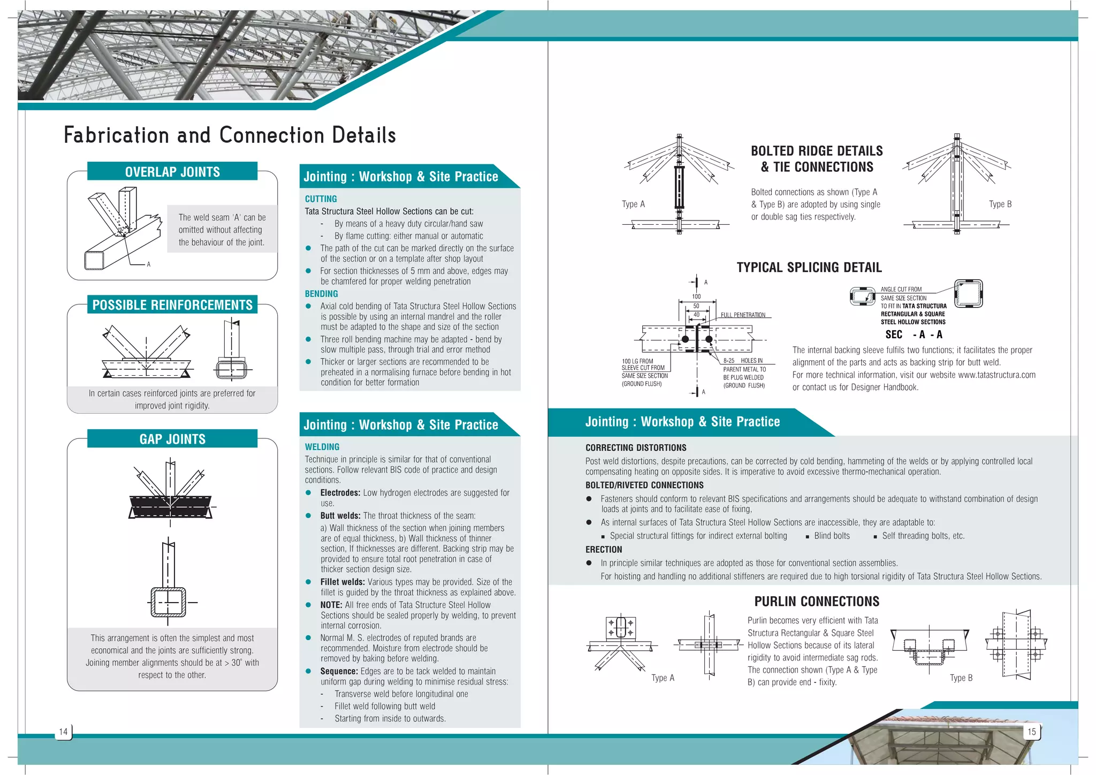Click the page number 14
pos(63,732)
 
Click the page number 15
pos(1031,732)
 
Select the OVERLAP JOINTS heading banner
pos(172,172)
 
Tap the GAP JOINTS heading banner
pos(172,439)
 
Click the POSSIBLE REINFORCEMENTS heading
pos(172,305)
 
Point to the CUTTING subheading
pos(321,199)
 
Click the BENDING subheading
pos(321,294)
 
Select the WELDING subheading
pos(322,447)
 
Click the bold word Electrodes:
pos(340,493)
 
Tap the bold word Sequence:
pos(339,671)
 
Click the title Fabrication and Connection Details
pos(230,135)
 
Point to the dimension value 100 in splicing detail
pos(696,297)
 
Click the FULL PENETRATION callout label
pos(743,315)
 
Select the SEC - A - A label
pos(914,335)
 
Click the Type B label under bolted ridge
pos(1000,204)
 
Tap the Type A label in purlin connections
pos(663,678)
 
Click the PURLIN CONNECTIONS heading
pos(817,602)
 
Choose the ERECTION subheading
pos(603,550)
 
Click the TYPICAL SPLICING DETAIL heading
pos(809,268)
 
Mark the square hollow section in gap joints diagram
pos(168,602)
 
